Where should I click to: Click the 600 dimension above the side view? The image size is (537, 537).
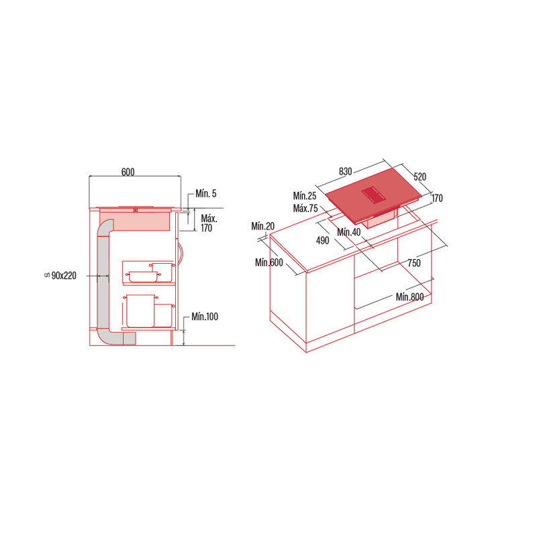coord(128,172)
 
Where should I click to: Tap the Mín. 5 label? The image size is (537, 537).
coord(206,193)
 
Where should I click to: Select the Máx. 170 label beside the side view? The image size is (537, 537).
coord(209,224)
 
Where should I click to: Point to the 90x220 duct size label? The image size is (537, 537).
coord(64,275)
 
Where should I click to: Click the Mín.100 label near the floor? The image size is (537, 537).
coord(205,316)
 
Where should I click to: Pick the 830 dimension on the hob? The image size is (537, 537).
coord(345,171)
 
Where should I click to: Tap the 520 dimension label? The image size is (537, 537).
coord(420,177)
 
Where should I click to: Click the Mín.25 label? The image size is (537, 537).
coord(305,196)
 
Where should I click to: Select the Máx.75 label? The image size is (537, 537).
coord(305,208)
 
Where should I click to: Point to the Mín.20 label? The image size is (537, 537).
coord(262,226)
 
